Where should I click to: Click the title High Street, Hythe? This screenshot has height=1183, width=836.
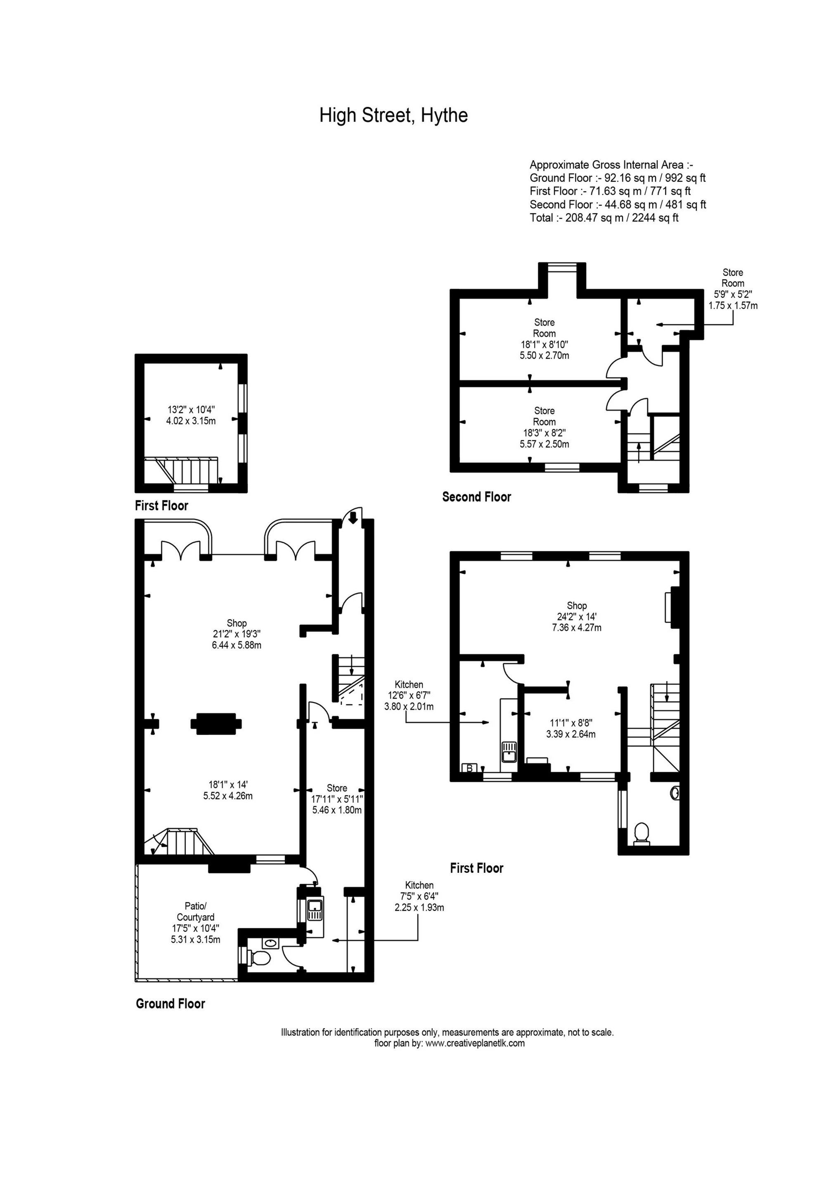pos(393,115)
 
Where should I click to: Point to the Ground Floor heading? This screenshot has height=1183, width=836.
pos(170,1004)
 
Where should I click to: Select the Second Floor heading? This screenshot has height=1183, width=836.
pos(476,496)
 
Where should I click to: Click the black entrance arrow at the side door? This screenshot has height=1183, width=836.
pos(353,519)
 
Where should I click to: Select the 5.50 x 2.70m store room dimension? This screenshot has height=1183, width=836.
pos(544,356)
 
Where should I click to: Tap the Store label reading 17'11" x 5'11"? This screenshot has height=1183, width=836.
pos(337,798)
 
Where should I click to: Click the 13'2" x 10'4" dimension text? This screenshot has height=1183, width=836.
pos(191,415)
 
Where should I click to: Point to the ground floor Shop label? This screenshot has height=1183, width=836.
pos(237,634)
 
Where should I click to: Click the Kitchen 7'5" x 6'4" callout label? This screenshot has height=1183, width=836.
pos(419,896)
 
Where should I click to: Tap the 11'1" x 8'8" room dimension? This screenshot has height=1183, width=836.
pos(571,728)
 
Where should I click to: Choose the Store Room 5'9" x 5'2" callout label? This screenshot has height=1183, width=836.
pos(732,289)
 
